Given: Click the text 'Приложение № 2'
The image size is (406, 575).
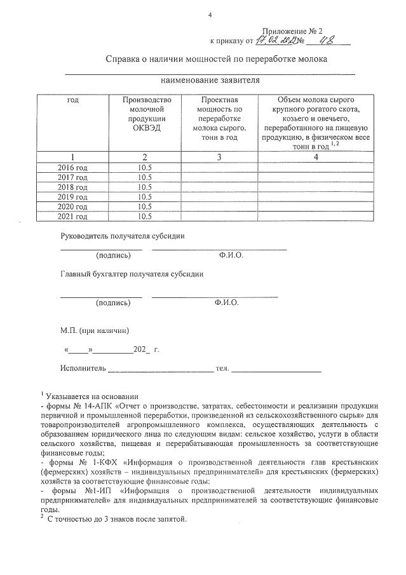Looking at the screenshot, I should coord(293,30).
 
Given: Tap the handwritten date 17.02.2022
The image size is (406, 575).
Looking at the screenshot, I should coord(275,41).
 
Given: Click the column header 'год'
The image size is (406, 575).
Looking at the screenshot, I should coord(72,100).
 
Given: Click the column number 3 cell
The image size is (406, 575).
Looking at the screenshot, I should coord(219,156).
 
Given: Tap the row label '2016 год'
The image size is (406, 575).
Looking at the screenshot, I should coord(72,167).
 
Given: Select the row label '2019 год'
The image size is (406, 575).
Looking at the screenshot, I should coord(72,197).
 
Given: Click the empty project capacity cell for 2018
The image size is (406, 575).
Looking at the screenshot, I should coord(219,187).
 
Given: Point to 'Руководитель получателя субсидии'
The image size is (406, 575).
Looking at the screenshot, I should coord(122,236).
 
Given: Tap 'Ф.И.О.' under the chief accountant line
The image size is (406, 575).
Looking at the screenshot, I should coord(227,303).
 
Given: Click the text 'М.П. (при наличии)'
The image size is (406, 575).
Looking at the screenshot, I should coord(95,330).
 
